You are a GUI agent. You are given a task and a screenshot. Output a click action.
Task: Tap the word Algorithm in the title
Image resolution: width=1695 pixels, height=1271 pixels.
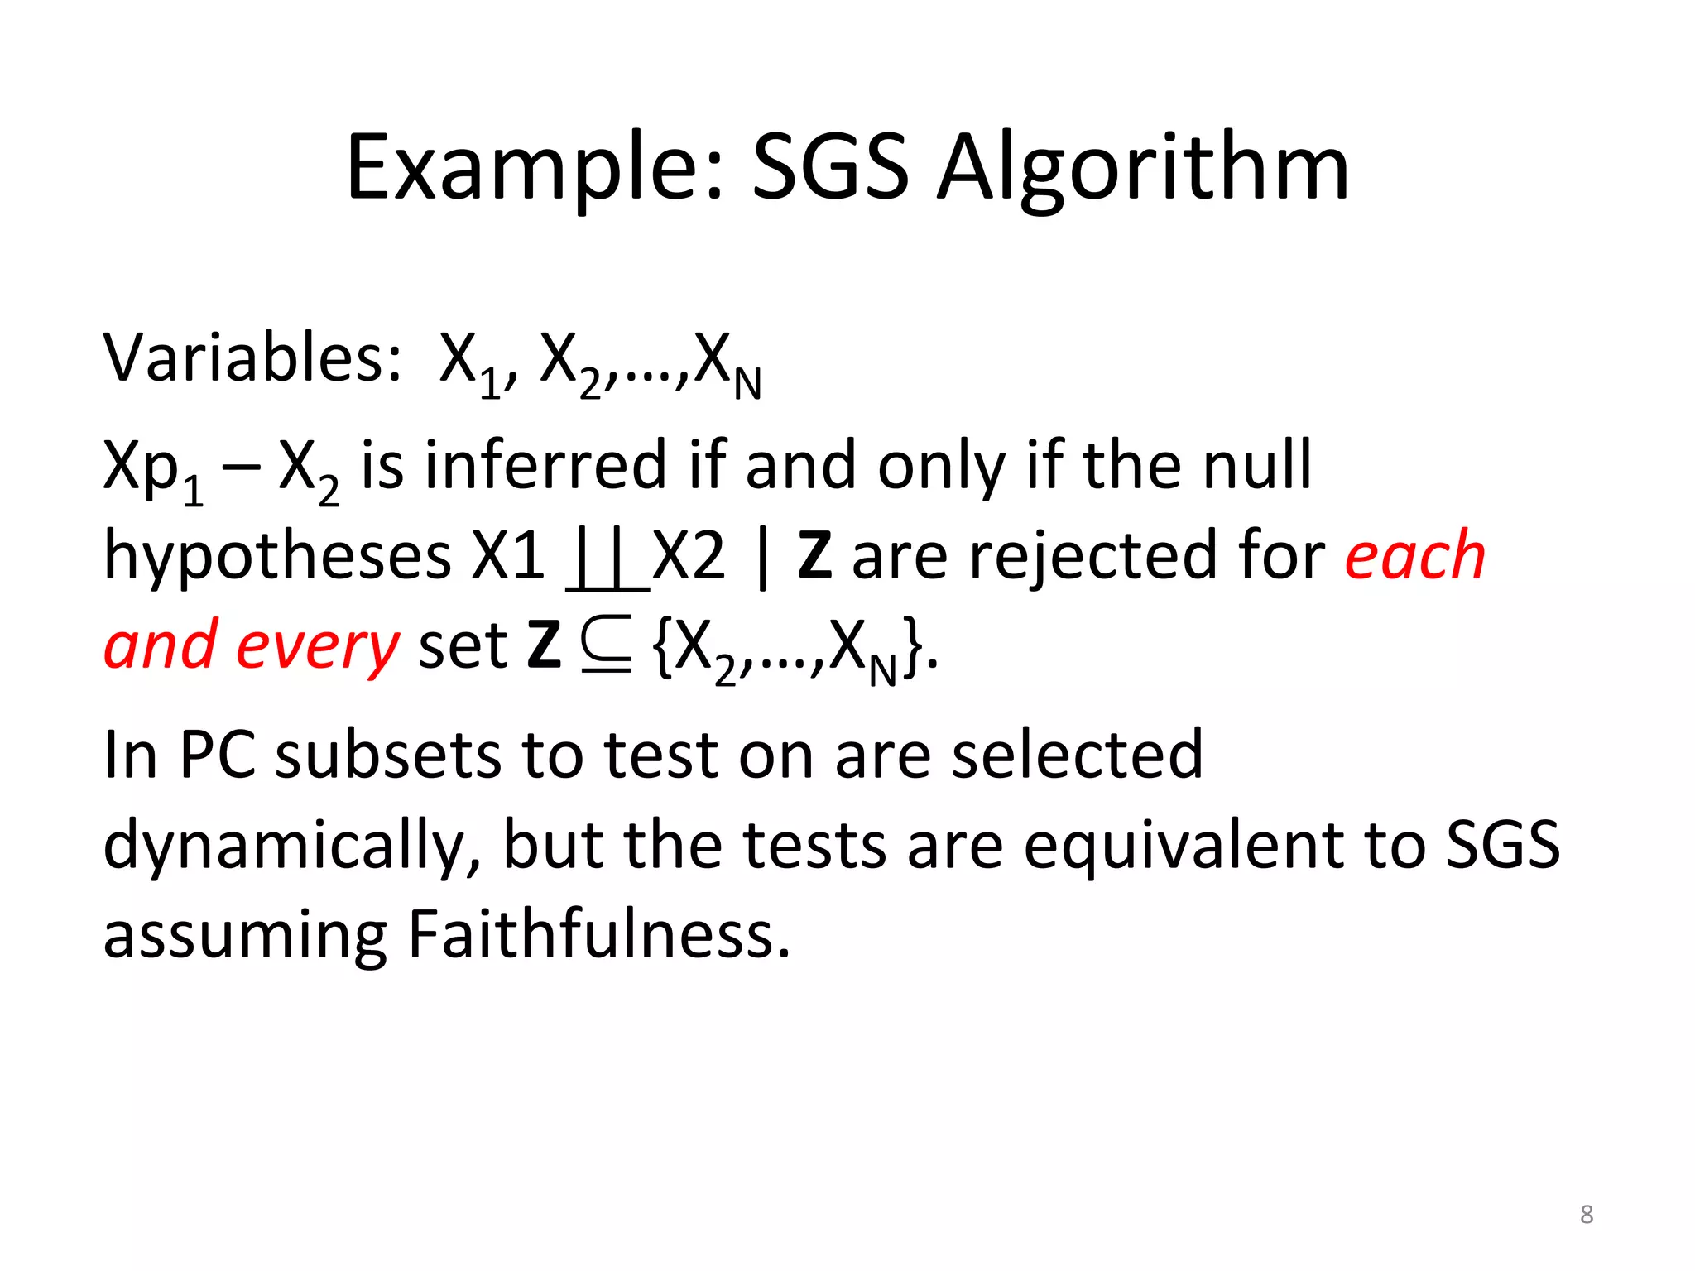pyautogui.click(x=1143, y=169)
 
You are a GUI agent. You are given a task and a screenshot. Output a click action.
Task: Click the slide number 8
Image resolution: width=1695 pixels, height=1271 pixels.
pyautogui.click(x=1586, y=1214)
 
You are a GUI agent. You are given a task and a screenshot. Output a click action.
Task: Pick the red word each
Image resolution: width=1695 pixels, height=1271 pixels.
pyautogui.click(x=1414, y=556)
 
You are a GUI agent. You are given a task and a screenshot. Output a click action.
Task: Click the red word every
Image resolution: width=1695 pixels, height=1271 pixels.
pyautogui.click(x=318, y=646)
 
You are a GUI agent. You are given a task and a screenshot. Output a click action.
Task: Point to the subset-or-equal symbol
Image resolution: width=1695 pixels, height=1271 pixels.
pyautogui.click(x=606, y=645)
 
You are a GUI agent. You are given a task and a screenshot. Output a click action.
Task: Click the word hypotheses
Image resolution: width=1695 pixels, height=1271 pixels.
pyautogui.click(x=277, y=556)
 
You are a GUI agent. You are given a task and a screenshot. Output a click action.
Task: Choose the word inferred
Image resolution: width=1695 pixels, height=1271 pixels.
pyautogui.click(x=545, y=465)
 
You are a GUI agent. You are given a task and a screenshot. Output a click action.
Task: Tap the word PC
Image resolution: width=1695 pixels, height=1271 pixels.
pyautogui.click(x=218, y=755)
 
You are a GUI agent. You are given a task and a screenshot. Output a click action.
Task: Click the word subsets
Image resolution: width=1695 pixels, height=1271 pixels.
pyautogui.click(x=388, y=755)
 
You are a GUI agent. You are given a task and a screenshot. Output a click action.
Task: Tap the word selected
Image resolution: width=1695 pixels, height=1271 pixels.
pyautogui.click(x=1077, y=755)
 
